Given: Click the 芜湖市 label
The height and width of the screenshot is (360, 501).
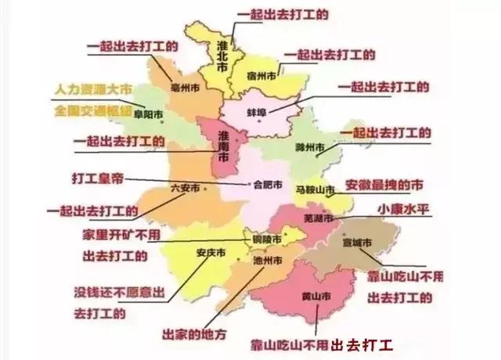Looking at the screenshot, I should pyautogui.click(x=318, y=214).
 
